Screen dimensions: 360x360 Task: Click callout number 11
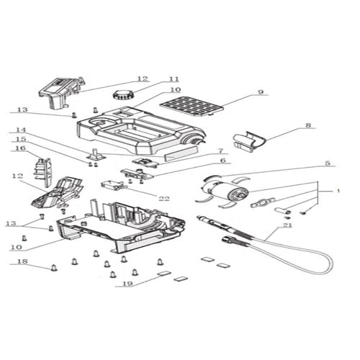(174, 79)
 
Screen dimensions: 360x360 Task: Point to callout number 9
(261, 92)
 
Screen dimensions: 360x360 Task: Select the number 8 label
(309, 125)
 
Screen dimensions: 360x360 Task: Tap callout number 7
(220, 150)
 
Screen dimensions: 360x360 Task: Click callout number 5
(327, 163)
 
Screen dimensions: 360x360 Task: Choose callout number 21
(269, 225)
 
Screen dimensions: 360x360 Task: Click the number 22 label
(165, 198)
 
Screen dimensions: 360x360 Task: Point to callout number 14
(20, 130)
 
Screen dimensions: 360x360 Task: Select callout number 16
(20, 148)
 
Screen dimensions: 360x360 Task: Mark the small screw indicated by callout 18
(54, 268)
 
